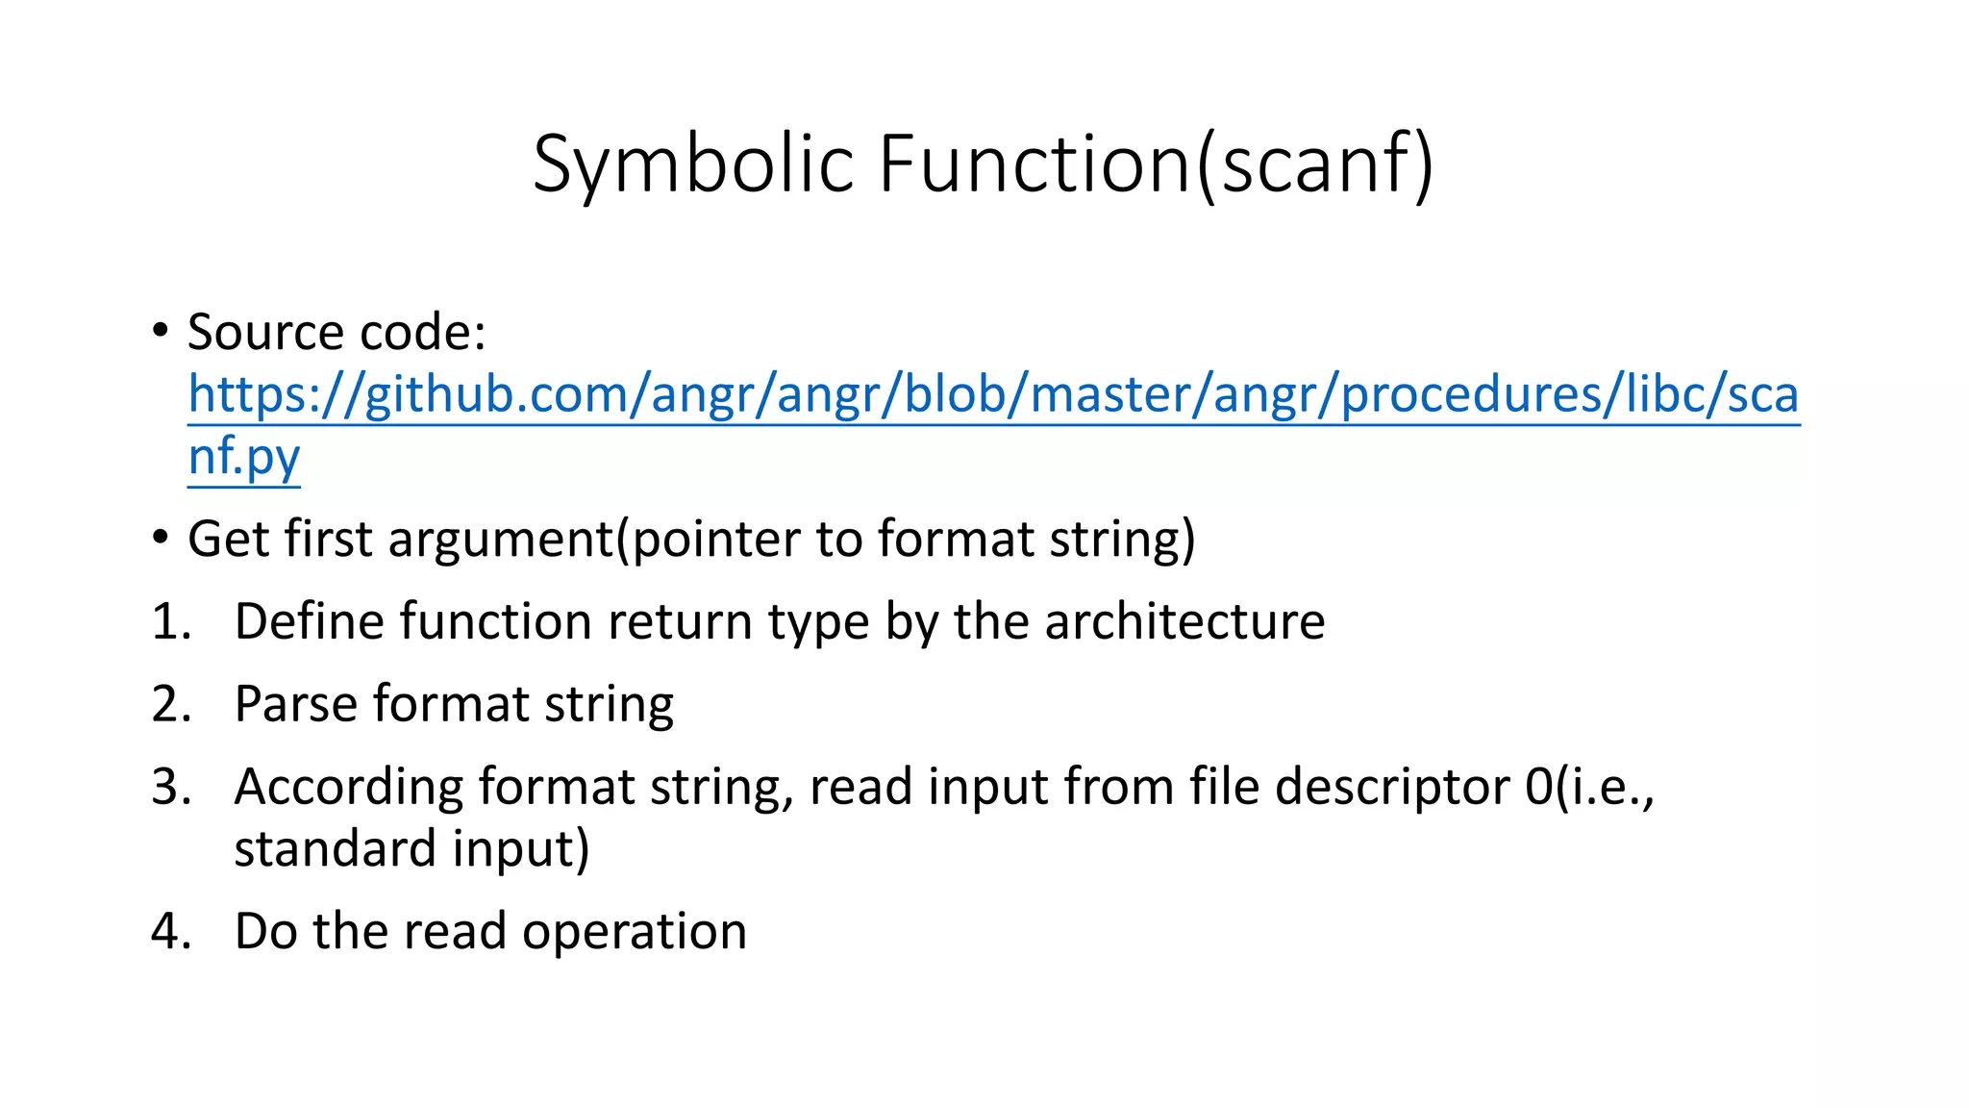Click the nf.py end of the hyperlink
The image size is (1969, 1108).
244,456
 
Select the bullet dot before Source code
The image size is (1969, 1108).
160,332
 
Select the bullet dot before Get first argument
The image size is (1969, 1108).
160,539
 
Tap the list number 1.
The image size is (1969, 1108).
169,621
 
